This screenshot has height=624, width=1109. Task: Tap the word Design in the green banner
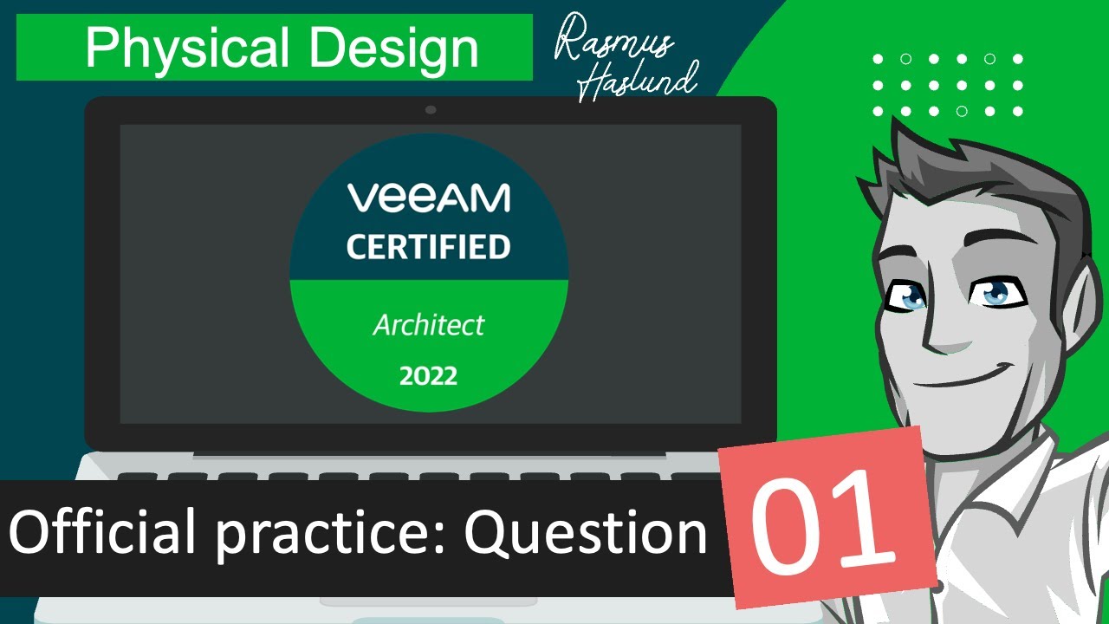tap(395, 49)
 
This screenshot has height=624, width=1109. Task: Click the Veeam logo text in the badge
tap(429, 198)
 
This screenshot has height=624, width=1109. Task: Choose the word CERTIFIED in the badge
tap(429, 247)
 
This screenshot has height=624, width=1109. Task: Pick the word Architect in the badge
tap(429, 325)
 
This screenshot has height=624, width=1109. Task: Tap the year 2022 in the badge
tap(429, 376)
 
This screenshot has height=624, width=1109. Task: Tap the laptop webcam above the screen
tap(431, 110)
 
